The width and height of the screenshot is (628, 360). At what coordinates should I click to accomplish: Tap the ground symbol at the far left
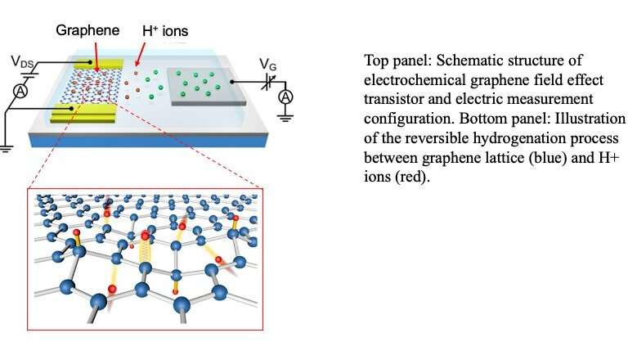(5, 149)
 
